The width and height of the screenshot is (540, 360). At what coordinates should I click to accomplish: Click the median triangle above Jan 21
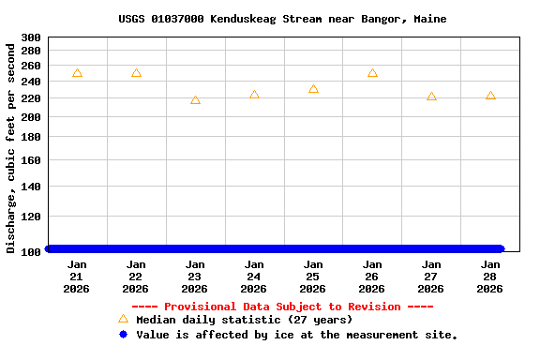coord(77,73)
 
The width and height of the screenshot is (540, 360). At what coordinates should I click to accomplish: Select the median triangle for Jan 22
coord(136,73)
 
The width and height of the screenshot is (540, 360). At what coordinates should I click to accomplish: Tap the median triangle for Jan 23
coord(195,100)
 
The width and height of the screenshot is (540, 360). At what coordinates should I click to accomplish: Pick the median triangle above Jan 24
coord(254,95)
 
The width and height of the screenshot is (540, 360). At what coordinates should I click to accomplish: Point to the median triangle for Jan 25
coord(313,89)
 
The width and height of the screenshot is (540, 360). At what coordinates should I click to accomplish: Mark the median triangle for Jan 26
coord(372,73)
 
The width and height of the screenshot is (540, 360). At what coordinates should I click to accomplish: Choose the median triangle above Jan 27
coord(431,97)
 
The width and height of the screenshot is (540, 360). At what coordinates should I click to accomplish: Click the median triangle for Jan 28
coord(490,96)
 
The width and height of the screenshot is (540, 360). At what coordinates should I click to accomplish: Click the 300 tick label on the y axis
coord(31,37)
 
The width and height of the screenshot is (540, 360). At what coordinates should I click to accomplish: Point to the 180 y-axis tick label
coord(31,137)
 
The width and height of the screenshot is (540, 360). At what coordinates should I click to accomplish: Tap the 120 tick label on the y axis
coord(31,217)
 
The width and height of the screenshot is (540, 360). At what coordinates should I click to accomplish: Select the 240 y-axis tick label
coord(31,82)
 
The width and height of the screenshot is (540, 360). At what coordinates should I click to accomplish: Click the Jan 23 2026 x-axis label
coord(195,277)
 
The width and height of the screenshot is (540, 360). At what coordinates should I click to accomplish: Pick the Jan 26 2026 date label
coord(372,277)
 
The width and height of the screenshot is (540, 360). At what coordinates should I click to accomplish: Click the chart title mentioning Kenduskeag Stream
coord(282,19)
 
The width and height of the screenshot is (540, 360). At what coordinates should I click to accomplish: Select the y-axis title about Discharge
coord(11,147)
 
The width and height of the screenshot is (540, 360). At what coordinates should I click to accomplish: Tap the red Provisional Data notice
coord(282,307)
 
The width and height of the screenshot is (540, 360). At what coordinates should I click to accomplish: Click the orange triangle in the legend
coord(123,319)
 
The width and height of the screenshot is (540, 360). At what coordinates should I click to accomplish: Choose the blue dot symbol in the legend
coord(123,334)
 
